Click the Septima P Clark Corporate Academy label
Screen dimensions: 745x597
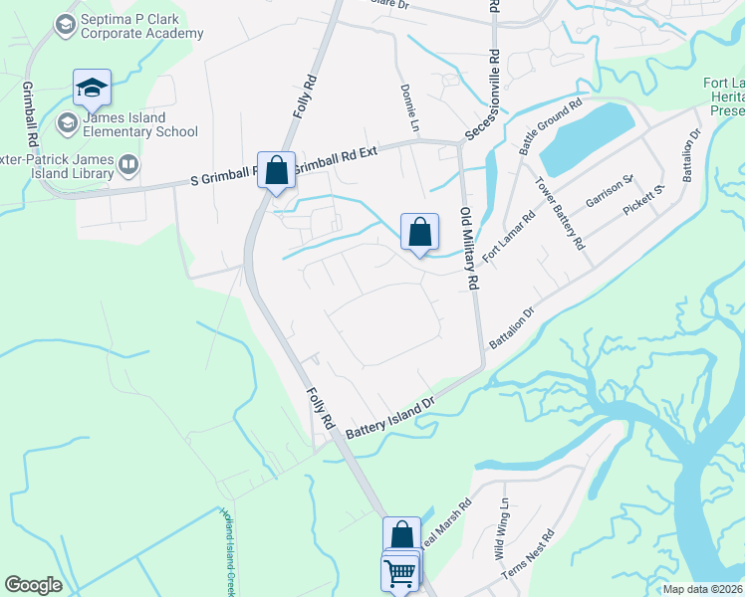pos(141,26)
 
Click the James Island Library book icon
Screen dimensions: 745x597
pos(127,163)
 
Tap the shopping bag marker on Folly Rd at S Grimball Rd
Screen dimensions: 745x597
pos(277,170)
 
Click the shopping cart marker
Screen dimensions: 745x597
pos(400,572)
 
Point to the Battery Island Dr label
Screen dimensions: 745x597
pos(391,420)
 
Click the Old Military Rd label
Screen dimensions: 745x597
pos(468,248)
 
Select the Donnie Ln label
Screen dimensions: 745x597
pos(407,108)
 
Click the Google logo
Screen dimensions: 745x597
pos(34,585)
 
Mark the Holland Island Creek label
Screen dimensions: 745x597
pos(228,552)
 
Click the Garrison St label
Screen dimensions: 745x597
pos(610,190)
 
